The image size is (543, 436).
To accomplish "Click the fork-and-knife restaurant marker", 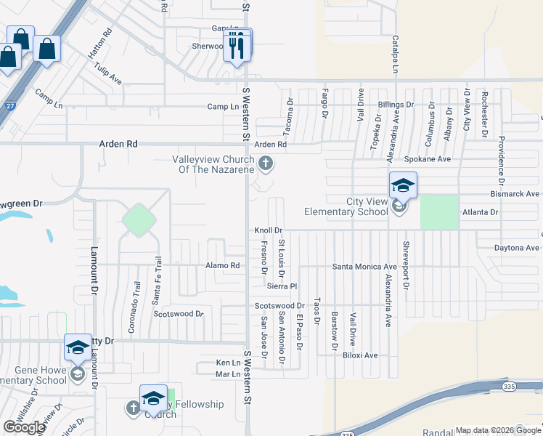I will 237,47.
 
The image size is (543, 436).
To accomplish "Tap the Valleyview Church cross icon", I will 266,163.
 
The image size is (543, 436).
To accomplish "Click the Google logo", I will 24,427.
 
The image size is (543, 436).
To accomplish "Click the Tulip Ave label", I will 107,73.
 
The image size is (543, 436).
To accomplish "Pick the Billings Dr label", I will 395,105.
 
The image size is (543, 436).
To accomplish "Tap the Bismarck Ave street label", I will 515,194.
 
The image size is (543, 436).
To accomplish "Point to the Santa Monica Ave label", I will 364,267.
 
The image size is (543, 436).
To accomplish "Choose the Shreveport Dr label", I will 406,265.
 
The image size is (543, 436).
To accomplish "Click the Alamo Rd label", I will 222,266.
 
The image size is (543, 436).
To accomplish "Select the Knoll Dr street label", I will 268,230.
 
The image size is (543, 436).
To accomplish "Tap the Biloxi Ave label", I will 361,355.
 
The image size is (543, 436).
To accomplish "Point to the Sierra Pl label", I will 282,286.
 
